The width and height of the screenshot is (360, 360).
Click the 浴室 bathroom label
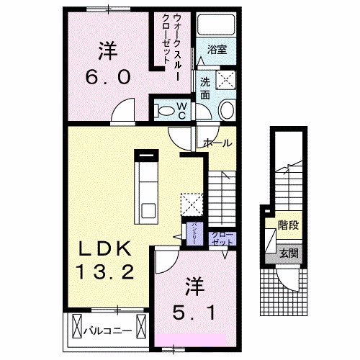pos(217,50)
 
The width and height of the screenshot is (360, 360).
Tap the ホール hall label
pos(217,143)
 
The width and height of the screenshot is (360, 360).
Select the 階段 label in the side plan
pos(289,225)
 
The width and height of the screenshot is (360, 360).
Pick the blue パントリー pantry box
pos(195,235)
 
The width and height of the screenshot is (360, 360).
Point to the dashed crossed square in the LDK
pos(191,203)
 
